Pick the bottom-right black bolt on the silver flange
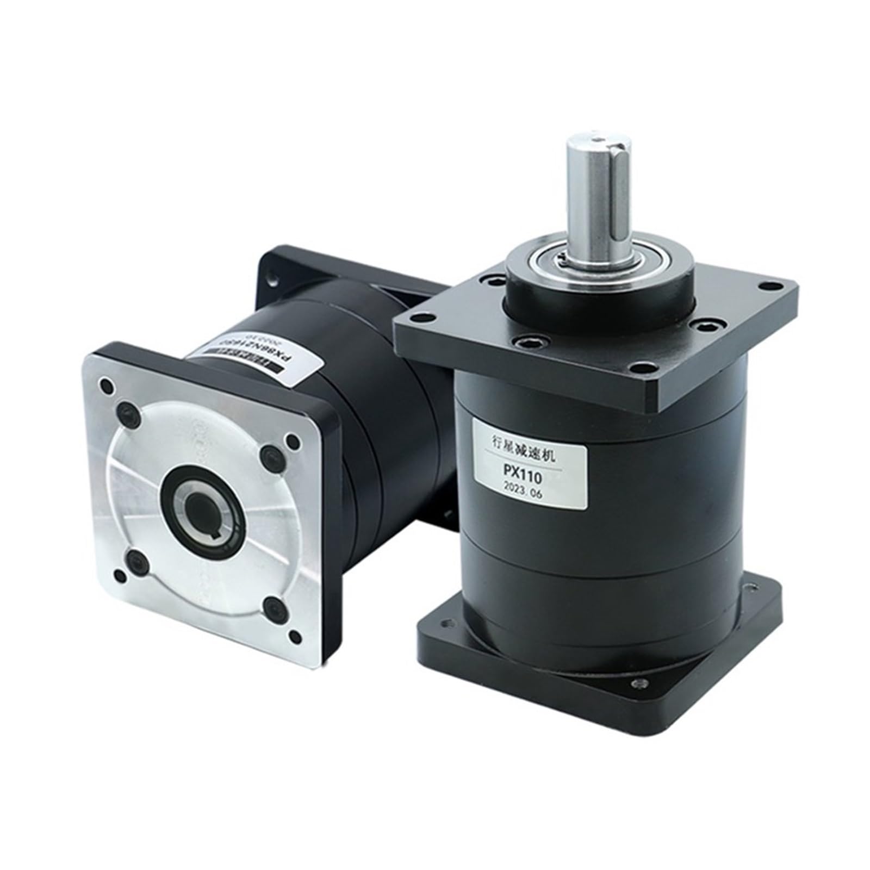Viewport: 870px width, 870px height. click(272, 604)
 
